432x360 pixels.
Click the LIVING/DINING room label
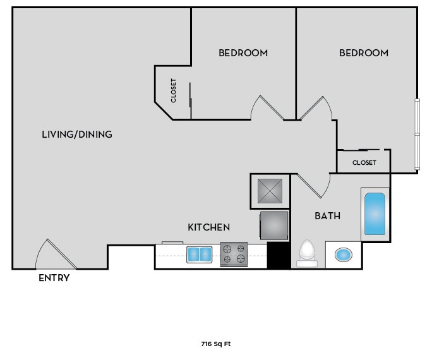[76, 134]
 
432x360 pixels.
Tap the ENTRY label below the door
[54, 278]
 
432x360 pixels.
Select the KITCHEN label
[208, 227]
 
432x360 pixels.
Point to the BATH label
[328, 216]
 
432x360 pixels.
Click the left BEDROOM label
[243, 53]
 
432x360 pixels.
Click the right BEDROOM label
[364, 53]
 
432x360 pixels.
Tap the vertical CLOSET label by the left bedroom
[174, 90]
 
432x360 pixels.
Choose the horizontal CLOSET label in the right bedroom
[364, 163]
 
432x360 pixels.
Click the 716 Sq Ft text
[215, 344]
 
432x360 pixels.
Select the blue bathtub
[375, 214]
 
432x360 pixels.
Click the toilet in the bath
[307, 252]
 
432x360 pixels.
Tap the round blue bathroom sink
[343, 255]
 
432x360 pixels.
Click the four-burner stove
[234, 255]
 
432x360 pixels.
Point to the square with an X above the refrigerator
[270, 191]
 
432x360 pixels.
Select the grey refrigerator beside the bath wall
[274, 225]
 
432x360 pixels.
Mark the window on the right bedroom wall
[416, 134]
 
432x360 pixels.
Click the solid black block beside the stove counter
[278, 256]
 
